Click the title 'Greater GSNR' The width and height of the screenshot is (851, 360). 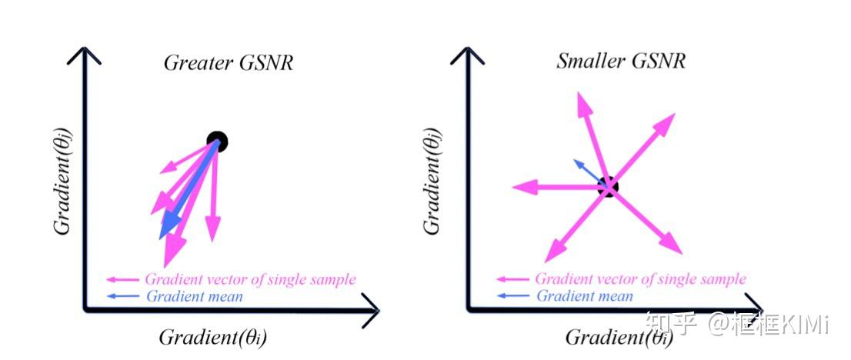click(x=228, y=63)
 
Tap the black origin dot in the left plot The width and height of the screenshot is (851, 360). click(x=218, y=141)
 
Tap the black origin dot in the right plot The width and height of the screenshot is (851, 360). click(x=608, y=186)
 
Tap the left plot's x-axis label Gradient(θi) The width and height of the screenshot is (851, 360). click(x=212, y=337)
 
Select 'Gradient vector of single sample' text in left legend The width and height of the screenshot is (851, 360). click(x=250, y=279)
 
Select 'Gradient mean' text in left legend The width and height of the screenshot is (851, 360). click(x=193, y=296)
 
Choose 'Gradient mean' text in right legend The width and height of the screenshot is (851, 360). click(x=584, y=296)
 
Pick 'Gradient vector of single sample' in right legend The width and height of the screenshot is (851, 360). click(x=640, y=279)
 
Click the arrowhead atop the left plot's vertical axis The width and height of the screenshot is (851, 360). click(x=85, y=54)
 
